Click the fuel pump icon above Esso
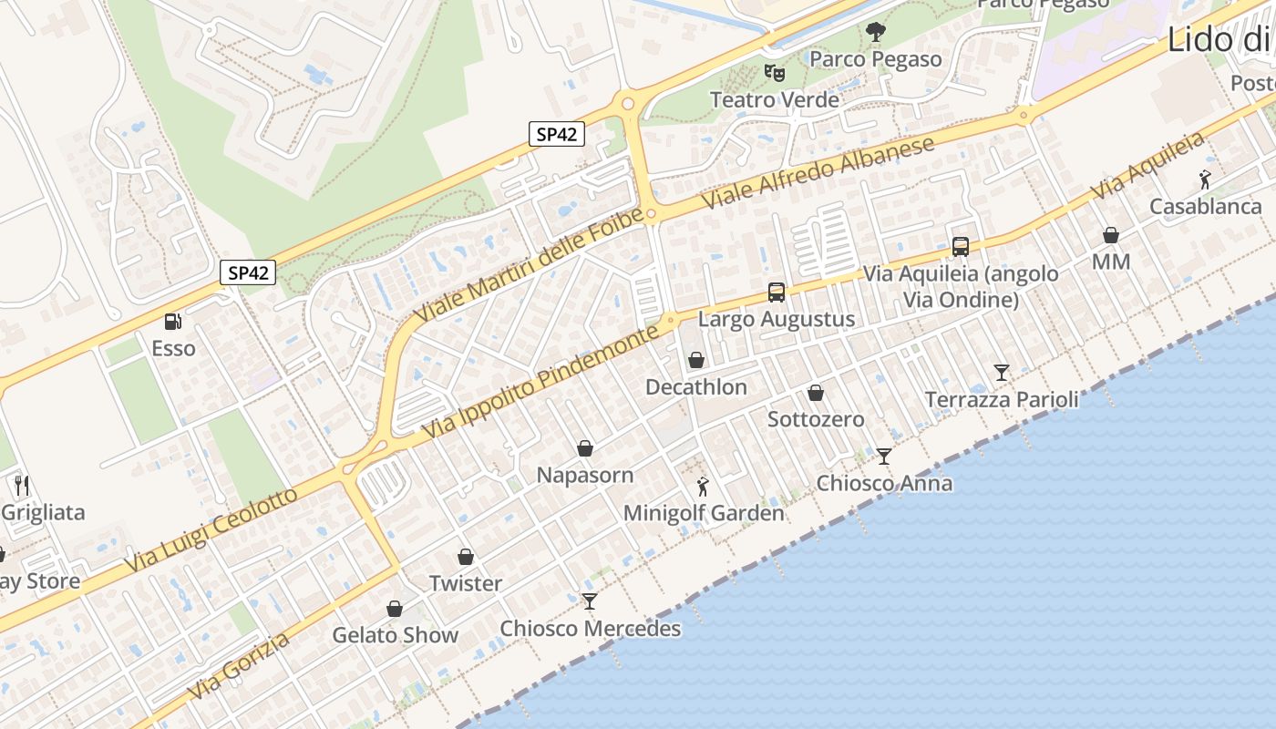pos(171,321)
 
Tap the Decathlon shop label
pos(695,387)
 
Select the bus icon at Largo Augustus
pos(776,293)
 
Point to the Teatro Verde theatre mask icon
pos(774,72)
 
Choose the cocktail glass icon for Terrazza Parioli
pos(1002,372)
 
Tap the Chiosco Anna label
pos(884,483)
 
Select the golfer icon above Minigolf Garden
pos(702,486)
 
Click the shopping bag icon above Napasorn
pos(585,448)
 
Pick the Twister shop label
pos(466,583)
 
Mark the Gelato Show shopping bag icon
pos(395,608)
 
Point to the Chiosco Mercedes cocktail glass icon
pos(590,601)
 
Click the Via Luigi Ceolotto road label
pos(211,531)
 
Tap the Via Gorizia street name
pos(239,667)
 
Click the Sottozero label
pos(816,419)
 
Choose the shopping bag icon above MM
pos(1111,235)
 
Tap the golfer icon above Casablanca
pos(1205,180)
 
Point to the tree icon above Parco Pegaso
pos(875,33)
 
